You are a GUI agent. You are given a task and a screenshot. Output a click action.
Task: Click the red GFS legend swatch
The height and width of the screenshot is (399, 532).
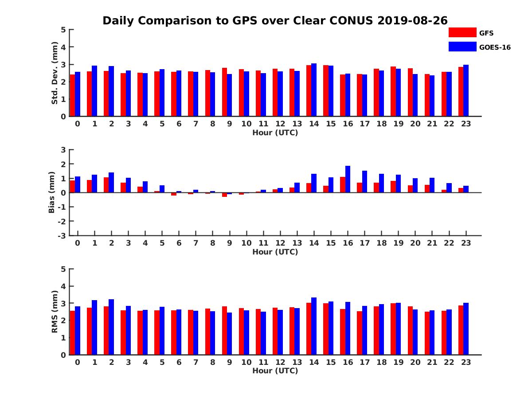[x=462, y=32]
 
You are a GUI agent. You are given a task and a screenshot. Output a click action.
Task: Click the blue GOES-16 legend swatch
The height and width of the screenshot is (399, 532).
[x=462, y=47]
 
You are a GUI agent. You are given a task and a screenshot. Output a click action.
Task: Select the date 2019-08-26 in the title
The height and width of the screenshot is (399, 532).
[x=412, y=20]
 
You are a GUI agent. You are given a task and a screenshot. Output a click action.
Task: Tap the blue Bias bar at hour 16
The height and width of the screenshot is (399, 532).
[x=348, y=179]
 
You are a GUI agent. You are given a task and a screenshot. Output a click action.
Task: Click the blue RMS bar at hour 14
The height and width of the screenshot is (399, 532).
[x=314, y=326]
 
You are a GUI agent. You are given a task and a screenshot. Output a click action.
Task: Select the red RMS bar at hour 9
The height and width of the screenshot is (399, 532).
[x=224, y=330]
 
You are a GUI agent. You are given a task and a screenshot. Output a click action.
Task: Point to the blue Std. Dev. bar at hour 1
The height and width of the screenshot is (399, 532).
[x=94, y=91]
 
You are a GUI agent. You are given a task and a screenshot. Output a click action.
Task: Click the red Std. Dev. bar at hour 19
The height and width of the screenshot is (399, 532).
[x=393, y=91]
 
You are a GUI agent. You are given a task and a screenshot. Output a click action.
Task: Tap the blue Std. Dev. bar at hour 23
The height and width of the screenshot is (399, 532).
[x=466, y=90]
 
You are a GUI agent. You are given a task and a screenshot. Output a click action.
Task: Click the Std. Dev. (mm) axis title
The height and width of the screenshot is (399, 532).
[x=55, y=73]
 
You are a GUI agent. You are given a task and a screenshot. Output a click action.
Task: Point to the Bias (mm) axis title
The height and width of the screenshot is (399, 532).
[x=51, y=192]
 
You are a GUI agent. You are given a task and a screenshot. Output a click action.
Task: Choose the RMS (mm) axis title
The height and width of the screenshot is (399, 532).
[x=55, y=312]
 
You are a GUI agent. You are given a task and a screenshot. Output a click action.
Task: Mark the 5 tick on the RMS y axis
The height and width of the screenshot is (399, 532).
[x=63, y=269]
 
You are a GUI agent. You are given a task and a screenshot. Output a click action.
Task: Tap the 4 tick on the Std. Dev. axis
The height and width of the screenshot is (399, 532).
[x=63, y=47]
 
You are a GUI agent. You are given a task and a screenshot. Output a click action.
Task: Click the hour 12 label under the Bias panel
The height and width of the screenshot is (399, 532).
[x=280, y=243]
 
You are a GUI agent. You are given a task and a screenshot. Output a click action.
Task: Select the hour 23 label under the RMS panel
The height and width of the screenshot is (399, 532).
[x=466, y=362]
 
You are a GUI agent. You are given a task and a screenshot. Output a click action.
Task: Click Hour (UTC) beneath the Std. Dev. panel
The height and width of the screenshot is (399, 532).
[x=275, y=133]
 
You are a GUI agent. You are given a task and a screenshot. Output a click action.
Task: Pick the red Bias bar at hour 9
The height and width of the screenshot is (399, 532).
[x=224, y=195]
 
